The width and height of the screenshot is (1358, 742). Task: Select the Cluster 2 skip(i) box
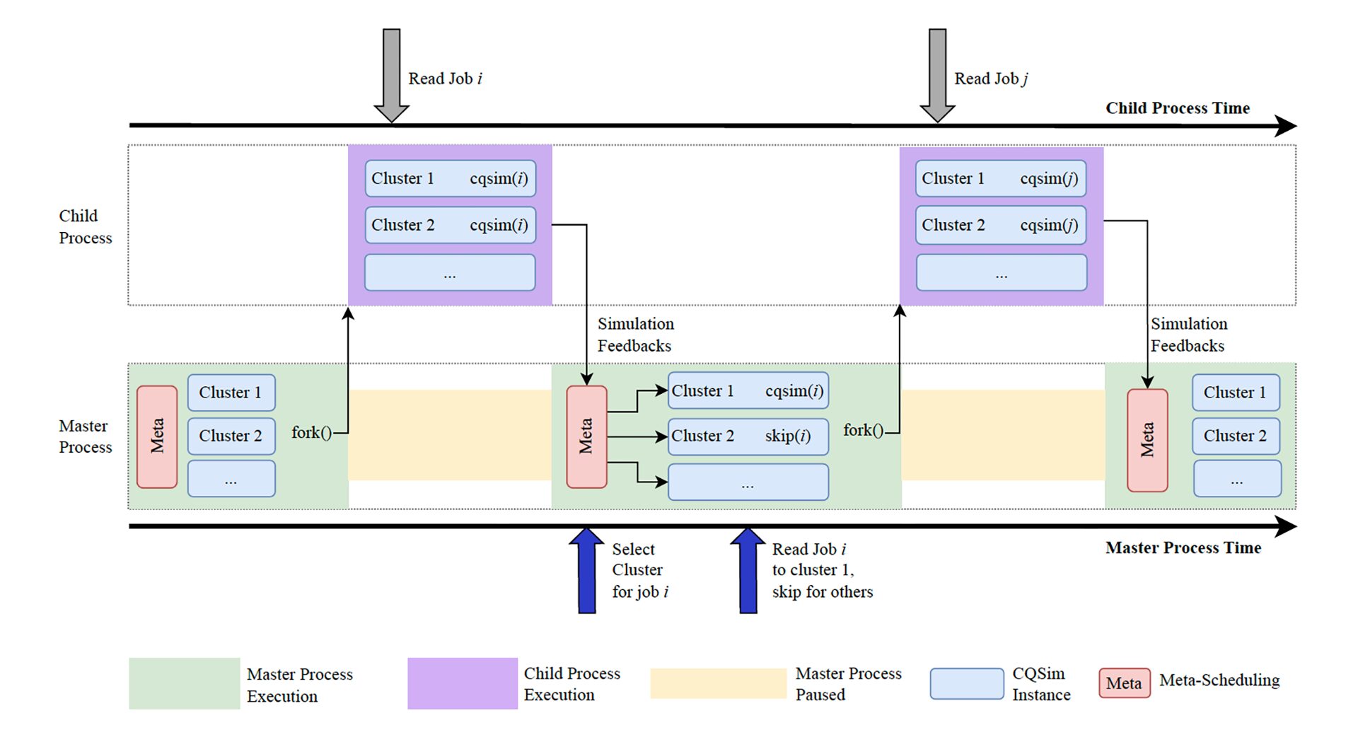748,436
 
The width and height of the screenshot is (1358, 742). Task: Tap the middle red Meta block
586,436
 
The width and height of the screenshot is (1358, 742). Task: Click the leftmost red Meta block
157,436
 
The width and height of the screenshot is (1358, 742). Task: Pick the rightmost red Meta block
1147,439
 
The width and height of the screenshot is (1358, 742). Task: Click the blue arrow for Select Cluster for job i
586,572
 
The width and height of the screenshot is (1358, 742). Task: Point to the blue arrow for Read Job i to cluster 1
748,572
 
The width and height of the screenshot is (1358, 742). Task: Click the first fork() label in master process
311,432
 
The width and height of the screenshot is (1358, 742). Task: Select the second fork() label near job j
863,430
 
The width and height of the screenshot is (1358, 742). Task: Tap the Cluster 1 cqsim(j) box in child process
1000,179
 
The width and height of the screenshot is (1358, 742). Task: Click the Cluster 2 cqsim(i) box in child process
450,225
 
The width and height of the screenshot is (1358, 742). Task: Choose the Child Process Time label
1177,108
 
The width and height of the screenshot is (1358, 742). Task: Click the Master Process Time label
1183,547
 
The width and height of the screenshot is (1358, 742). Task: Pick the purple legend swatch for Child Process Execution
463,683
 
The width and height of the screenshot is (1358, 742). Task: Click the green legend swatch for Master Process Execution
184,683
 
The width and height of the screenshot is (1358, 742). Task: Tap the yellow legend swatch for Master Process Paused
718,683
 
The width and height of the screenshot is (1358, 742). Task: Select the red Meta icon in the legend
1124,683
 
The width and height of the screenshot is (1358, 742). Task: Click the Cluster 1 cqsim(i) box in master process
748,391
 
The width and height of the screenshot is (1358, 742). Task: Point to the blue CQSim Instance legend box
966,683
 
